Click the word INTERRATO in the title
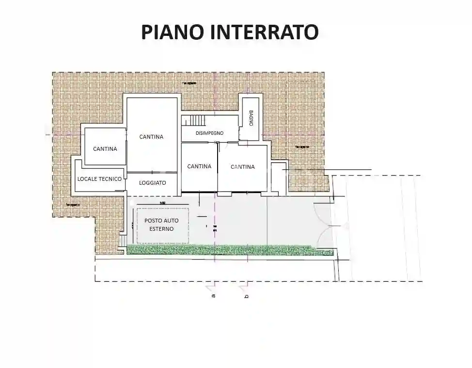[x=264, y=32]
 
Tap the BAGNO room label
[x=252, y=118]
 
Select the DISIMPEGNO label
[x=209, y=133]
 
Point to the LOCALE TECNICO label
[x=99, y=179]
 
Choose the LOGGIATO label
[x=153, y=183]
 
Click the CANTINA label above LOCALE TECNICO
[x=105, y=149]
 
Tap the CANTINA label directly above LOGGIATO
[x=151, y=137]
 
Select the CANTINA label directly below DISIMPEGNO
[x=199, y=166]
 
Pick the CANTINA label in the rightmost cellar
[x=242, y=167]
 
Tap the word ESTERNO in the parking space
[x=161, y=229]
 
